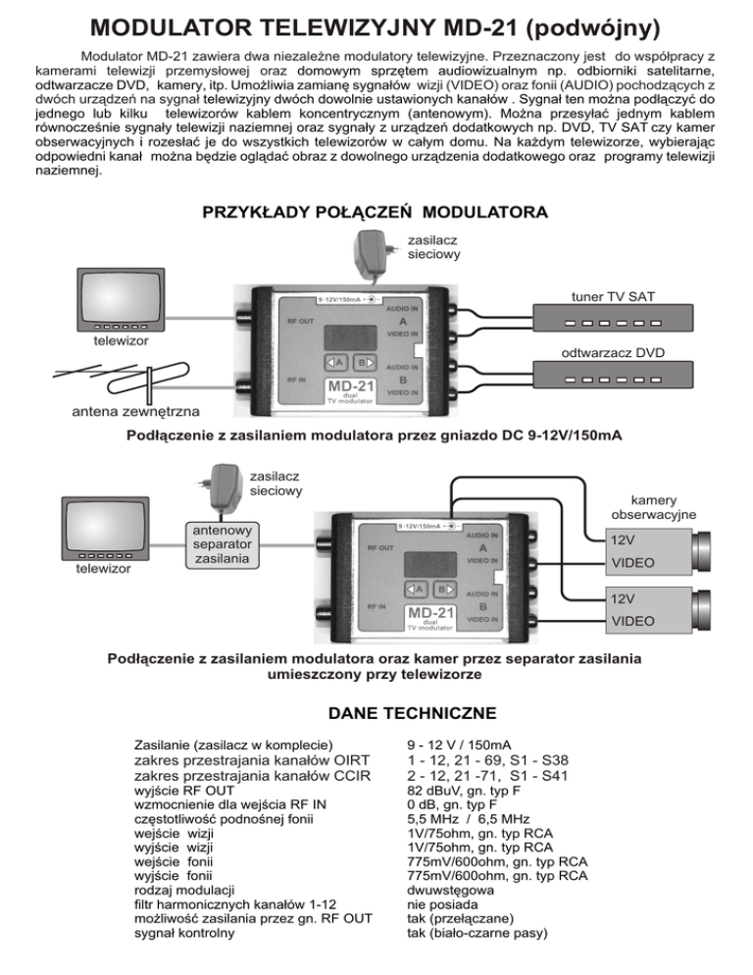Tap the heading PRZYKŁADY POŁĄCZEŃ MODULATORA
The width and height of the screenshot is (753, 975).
coord(374,212)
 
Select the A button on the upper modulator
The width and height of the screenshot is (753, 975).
coord(338,361)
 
